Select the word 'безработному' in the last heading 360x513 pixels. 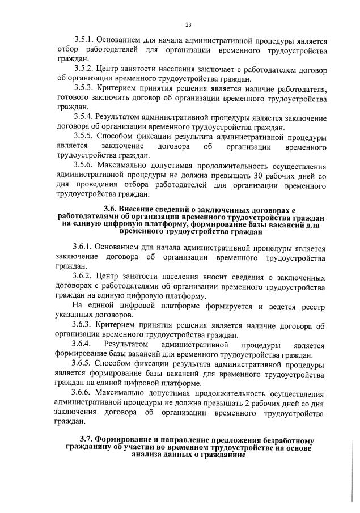tap(287, 440)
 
